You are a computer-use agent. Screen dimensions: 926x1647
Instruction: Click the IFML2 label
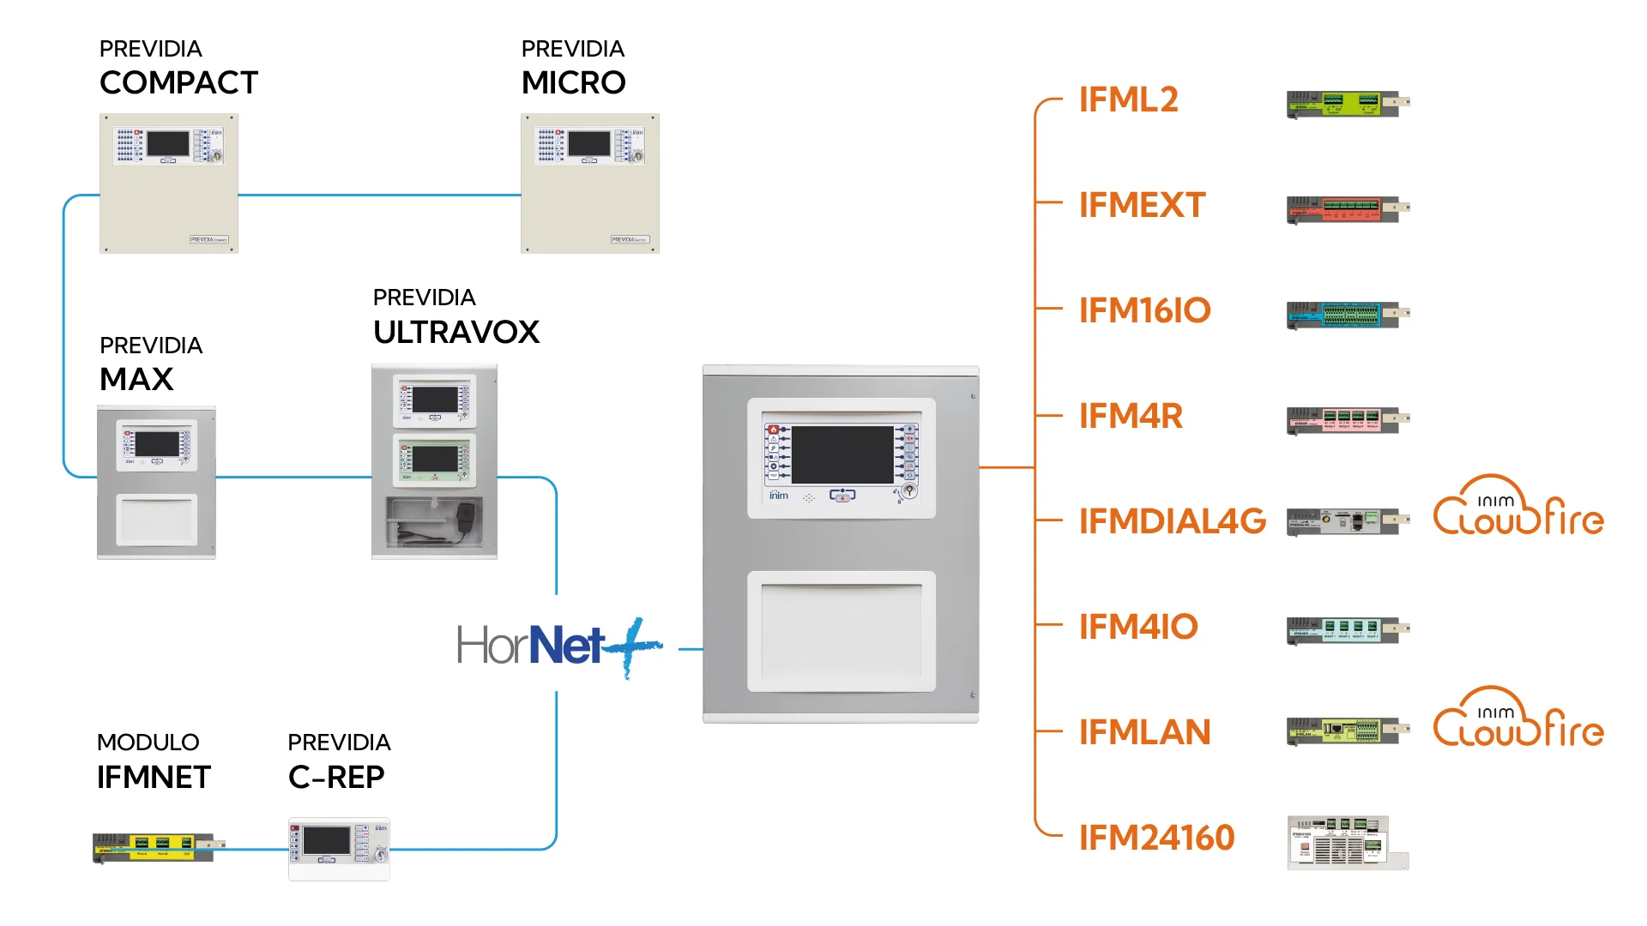[x=1128, y=100]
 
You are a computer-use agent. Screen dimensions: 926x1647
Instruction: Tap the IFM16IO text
[x=1144, y=310]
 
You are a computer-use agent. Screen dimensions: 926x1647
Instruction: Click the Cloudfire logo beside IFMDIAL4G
[x=1518, y=508]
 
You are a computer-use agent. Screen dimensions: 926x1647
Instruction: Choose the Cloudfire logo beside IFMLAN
[x=1518, y=719]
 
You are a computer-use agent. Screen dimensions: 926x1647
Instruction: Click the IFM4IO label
[x=1138, y=627]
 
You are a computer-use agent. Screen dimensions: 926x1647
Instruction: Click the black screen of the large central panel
[x=842, y=455]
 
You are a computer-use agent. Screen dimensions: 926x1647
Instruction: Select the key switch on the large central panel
[x=909, y=491]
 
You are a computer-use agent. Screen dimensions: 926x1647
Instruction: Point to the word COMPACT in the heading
[x=178, y=83]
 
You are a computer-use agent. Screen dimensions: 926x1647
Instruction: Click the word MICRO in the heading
[x=573, y=83]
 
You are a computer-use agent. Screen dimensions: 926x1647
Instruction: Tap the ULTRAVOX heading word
[x=455, y=333]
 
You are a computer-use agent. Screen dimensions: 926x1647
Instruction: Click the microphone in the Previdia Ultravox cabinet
[x=466, y=517]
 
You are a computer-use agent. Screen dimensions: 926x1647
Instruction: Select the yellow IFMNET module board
[x=154, y=847]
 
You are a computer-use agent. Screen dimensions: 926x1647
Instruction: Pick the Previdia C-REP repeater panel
[x=339, y=848]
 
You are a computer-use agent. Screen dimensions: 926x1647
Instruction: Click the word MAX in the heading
[x=136, y=379]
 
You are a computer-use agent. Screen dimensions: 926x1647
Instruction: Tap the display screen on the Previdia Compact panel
[x=168, y=143]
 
